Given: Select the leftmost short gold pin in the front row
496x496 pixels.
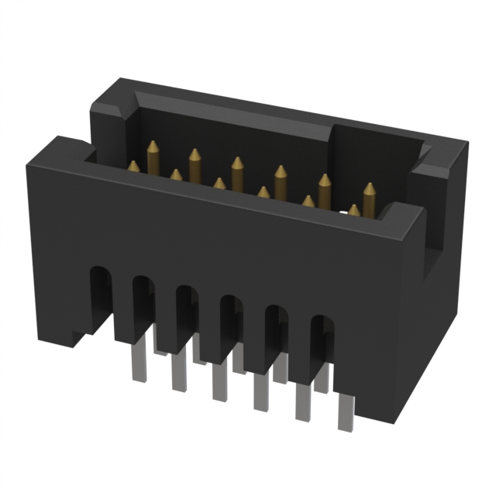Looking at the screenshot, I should coord(134,167).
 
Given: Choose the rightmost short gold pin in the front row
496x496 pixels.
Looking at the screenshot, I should coord(354,210).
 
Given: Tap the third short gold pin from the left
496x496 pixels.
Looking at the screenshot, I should coord(219,184).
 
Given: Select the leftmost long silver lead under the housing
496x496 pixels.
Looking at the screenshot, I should coord(139,364).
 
